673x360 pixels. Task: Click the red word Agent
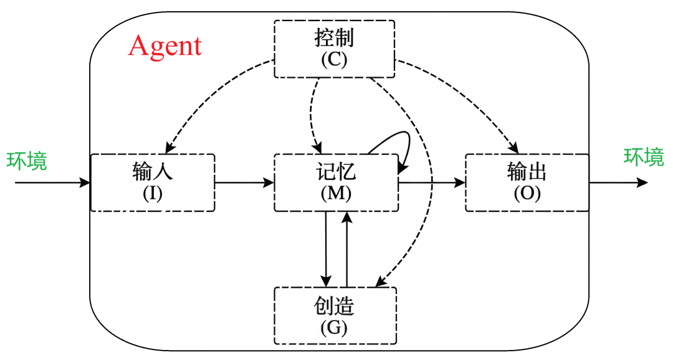pos(165,47)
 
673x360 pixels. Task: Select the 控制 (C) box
pos(335,49)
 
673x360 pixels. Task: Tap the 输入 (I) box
pos(153,182)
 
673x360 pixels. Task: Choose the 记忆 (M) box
pos(336,182)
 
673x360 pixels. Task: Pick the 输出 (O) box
pos(527,182)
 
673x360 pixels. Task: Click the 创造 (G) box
pos(335,316)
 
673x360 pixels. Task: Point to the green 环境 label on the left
pos(27,161)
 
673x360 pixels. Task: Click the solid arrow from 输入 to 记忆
pos(244,182)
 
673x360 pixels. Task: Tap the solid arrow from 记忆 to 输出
pos(431,182)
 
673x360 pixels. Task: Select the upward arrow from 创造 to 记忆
pos(347,249)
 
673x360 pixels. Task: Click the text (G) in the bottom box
pos(335,326)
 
